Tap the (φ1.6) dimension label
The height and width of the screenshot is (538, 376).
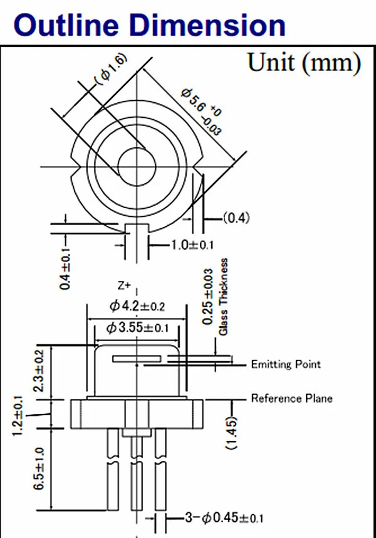pos(112,68)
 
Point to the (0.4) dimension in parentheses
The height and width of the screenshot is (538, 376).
pos(237,218)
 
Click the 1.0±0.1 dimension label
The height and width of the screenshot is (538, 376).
pos(192,245)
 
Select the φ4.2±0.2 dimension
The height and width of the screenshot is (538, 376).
pos(137,306)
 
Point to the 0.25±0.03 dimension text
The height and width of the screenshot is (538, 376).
pos(209,295)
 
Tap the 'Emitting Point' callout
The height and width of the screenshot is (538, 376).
pos(286,364)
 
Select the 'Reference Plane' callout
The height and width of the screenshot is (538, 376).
pos(291,398)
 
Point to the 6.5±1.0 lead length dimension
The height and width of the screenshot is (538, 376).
pos(39,468)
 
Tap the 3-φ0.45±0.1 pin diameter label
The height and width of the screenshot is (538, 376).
pos(224,518)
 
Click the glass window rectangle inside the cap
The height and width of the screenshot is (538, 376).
pos(137,359)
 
